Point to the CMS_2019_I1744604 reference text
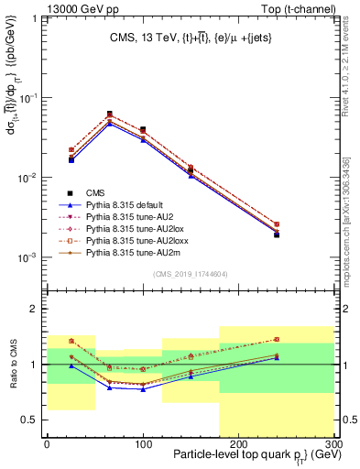click(190, 274)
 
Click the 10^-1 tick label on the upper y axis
click(27, 97)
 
